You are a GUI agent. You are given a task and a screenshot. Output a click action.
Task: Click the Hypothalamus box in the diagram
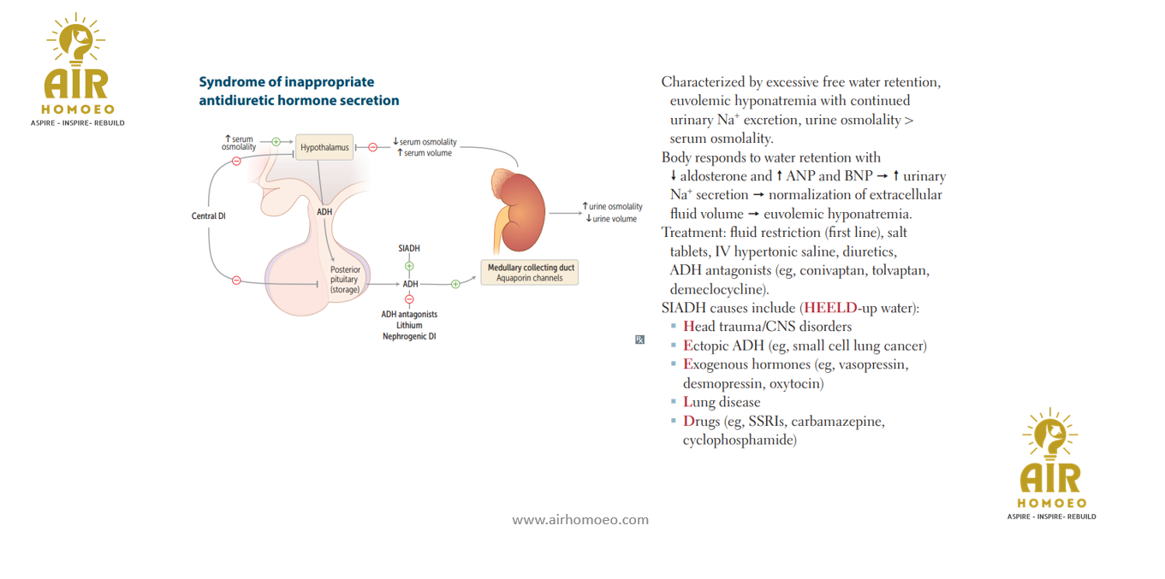[x=324, y=148]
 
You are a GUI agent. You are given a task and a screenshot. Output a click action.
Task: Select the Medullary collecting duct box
[x=530, y=272]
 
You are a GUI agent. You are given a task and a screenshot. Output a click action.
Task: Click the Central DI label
[x=208, y=216]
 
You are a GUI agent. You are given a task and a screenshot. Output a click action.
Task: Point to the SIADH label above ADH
[x=409, y=248]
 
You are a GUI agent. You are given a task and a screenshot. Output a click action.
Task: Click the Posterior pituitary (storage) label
[x=345, y=280]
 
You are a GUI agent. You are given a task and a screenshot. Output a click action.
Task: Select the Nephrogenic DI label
[x=409, y=336]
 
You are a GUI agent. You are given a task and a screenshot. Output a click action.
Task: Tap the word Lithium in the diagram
[x=409, y=325]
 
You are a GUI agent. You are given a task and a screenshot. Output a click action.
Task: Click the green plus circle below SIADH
[x=409, y=266]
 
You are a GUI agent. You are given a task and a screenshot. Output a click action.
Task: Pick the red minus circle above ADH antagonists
[x=409, y=299]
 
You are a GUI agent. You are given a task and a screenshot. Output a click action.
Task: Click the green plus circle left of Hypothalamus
[x=276, y=142]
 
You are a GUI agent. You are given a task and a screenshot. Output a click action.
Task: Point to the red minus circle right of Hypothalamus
[x=372, y=148]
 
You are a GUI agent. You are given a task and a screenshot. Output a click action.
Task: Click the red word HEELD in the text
[x=830, y=308]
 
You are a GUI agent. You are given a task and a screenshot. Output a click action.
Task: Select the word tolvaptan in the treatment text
[x=900, y=270]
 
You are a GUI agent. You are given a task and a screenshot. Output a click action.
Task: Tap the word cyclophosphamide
[x=740, y=440]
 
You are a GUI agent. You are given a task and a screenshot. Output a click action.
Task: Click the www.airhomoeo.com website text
[x=580, y=519]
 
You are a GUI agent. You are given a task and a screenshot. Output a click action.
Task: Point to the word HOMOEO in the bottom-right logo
[x=1052, y=503]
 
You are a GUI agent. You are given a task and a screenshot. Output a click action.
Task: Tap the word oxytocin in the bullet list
[x=796, y=383]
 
